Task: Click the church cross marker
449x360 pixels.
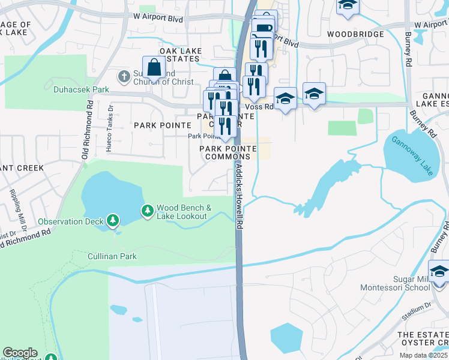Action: (124, 76)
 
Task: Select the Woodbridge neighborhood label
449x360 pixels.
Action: (357, 35)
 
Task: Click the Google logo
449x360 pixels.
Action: (20, 353)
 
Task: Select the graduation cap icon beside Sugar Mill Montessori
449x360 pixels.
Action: (439, 272)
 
